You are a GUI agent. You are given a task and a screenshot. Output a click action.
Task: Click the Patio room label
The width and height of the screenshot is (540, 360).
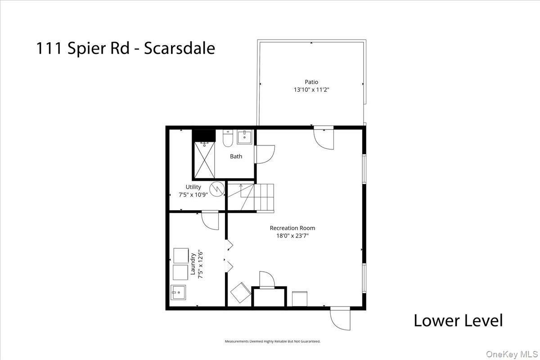[311, 82]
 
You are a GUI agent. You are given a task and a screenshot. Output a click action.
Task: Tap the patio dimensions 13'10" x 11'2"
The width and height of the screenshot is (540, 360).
[311, 90]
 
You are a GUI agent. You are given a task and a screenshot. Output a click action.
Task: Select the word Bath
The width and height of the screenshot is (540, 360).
[236, 157]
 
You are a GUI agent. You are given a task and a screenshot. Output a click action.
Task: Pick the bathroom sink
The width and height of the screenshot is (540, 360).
[245, 137]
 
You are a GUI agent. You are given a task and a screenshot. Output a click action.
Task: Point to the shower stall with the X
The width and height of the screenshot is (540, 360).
[205, 160]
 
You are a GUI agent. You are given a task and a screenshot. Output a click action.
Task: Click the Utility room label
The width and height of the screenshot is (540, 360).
[193, 187]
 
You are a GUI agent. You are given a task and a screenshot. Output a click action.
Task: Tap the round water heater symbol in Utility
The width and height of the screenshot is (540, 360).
[216, 189]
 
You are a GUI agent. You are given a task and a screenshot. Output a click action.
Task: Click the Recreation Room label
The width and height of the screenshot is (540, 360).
[292, 228]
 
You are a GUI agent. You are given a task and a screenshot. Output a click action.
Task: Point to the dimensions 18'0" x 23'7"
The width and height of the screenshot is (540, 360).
[292, 235]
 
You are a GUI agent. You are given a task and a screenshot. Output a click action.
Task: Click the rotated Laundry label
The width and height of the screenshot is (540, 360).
[193, 265]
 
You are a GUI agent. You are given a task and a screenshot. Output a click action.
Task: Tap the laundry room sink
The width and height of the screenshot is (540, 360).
[179, 292]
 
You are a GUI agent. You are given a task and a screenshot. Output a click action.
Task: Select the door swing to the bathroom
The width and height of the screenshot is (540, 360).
[263, 153]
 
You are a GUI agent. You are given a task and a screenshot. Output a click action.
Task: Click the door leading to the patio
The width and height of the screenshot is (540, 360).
[324, 138]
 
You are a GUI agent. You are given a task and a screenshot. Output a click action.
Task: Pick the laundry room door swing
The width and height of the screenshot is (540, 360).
[210, 220]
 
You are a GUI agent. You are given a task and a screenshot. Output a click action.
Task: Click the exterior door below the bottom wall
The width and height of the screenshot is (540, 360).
[340, 318]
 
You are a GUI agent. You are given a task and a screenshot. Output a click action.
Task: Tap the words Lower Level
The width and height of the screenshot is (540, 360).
[458, 321]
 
